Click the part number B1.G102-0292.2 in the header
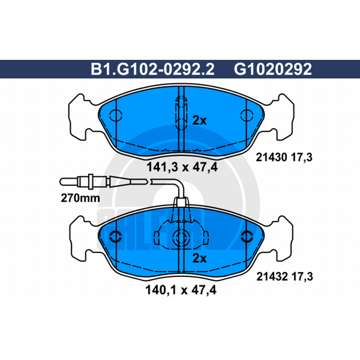pyautogui.click(x=153, y=69)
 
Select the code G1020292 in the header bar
pyautogui.click(x=273, y=69)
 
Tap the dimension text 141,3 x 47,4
pyautogui.click(x=182, y=167)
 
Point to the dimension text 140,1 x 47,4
pyautogui.click(x=181, y=290)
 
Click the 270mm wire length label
pyautogui.click(x=81, y=198)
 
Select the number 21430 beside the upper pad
pyautogui.click(x=271, y=157)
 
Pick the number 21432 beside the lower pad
pyautogui.click(x=272, y=277)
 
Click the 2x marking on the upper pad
pyautogui.click(x=199, y=120)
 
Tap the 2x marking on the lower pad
pyautogui.click(x=199, y=258)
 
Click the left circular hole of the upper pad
pyautogui.click(x=116, y=116)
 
